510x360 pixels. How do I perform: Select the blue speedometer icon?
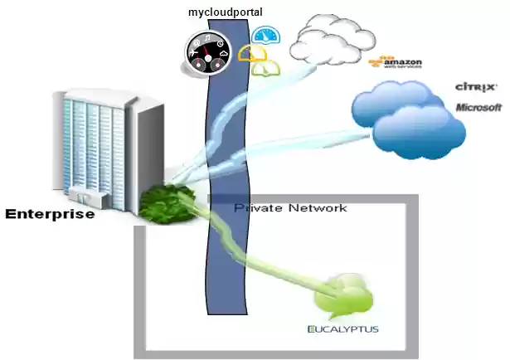click(266, 36)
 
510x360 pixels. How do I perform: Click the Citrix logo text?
click(476, 86)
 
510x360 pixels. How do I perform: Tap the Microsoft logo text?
click(478, 107)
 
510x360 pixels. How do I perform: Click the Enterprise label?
click(50, 214)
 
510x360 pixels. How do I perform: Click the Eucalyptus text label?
click(342, 330)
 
